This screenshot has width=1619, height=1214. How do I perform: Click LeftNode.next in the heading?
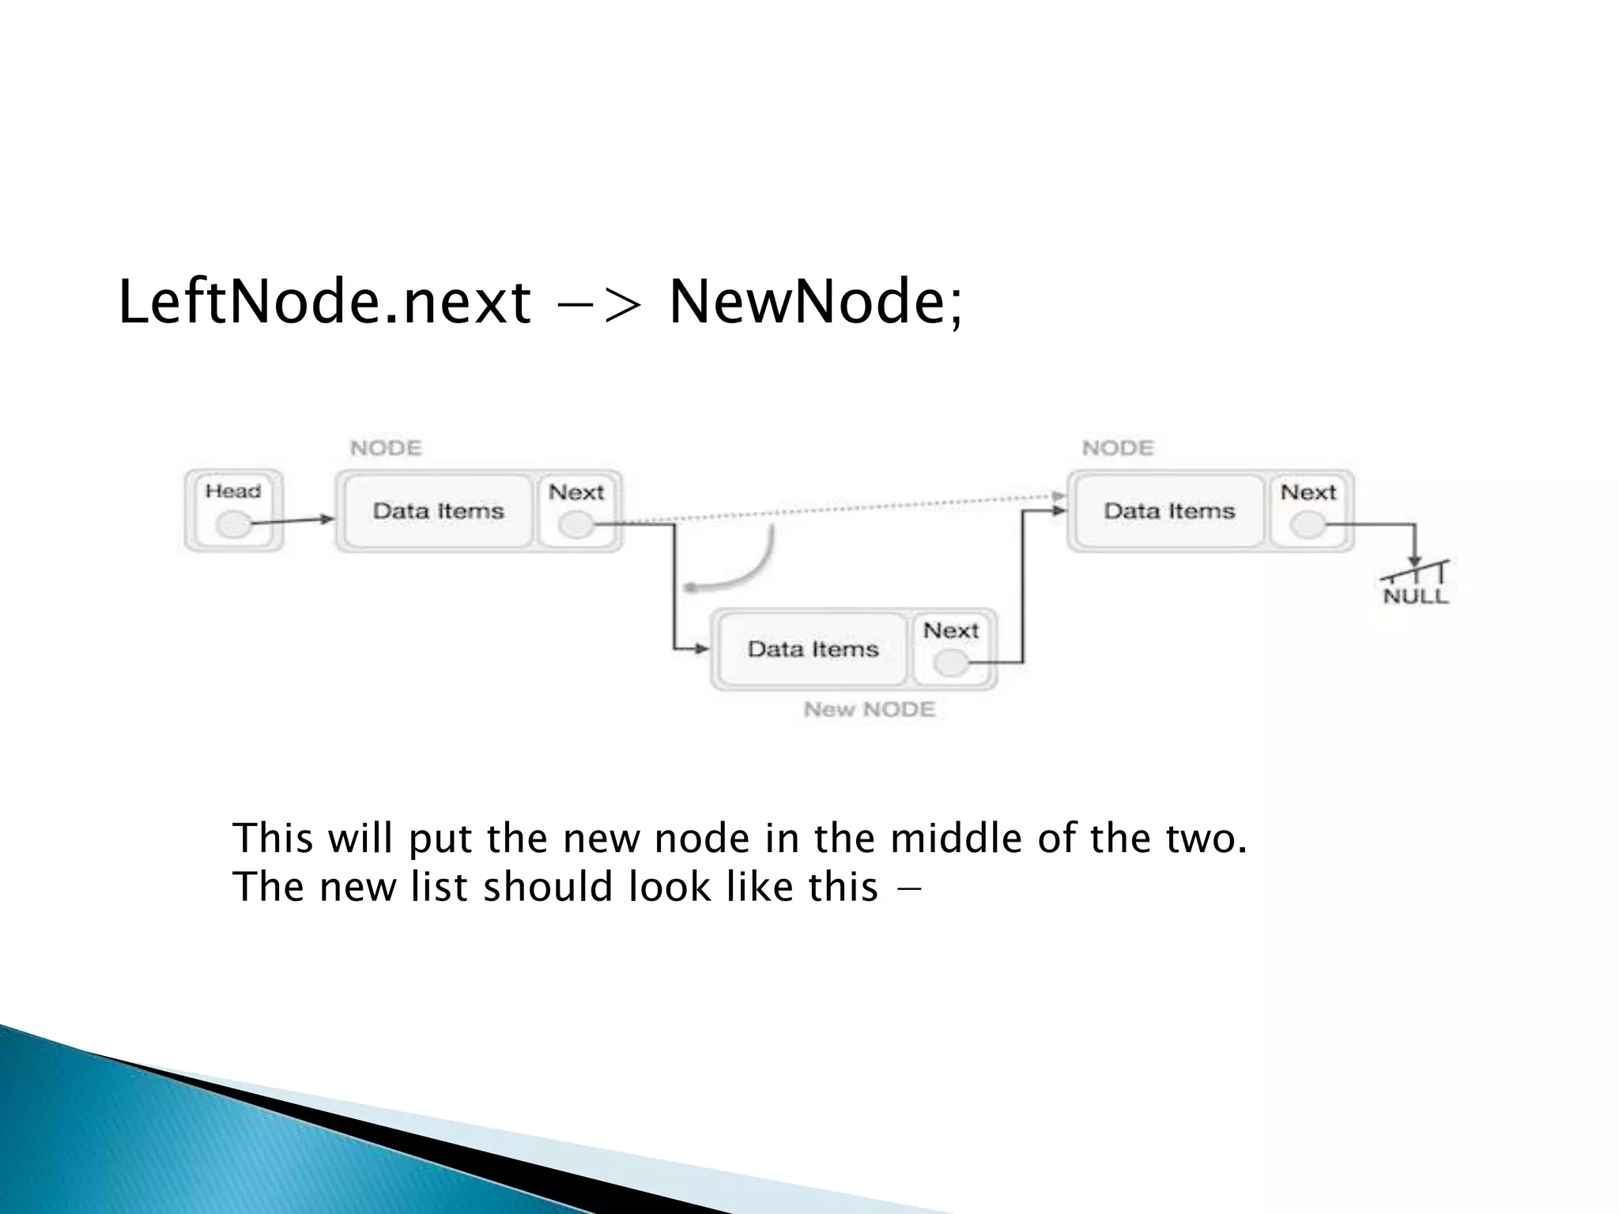pos(324,303)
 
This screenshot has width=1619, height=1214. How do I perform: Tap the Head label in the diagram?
pos(233,492)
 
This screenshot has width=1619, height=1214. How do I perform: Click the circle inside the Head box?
pos(233,524)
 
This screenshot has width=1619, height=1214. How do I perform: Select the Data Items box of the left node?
pos(438,511)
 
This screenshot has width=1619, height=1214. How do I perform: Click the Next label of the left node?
pos(576,492)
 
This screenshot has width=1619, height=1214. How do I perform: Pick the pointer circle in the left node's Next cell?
pos(576,525)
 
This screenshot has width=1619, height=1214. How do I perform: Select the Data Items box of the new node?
pos(813,650)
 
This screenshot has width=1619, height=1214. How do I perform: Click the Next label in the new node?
pos(951,631)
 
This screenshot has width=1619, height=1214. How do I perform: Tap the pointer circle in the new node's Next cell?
pos(951,663)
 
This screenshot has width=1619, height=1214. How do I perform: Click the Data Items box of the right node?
pos(1169,511)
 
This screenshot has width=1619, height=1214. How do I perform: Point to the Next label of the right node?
pos(1308,492)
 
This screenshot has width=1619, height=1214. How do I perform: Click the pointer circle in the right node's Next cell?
pos(1308,525)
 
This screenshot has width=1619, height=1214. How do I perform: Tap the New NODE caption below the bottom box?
pos(869,710)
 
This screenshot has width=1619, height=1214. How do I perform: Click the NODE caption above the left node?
pos(386,449)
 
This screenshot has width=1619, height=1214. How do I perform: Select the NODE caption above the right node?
pos(1118,449)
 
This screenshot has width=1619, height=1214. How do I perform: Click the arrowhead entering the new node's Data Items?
pos(702,649)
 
